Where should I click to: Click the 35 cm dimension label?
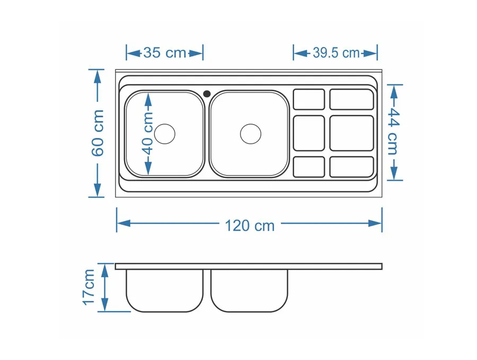point(165,53)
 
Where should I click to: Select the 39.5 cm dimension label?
point(336,53)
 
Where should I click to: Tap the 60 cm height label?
point(98,133)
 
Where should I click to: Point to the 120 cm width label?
point(250,226)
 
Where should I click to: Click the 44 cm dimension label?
point(394,131)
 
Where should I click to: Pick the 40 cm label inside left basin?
point(148,133)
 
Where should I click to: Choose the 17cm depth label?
point(89,287)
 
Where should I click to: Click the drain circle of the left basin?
point(165,134)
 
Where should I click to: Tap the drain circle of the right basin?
point(251,134)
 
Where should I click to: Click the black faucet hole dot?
point(207,93)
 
